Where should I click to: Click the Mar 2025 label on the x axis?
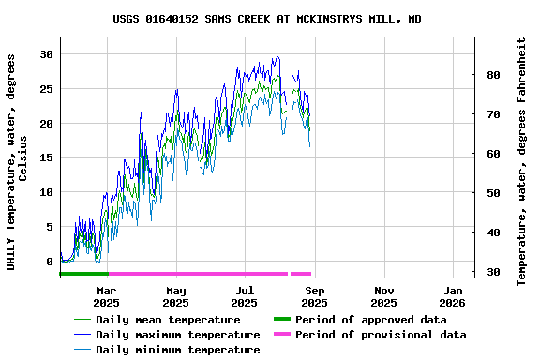[106, 296]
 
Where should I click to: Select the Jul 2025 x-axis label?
[245, 296]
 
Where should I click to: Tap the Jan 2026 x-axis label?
[452, 296]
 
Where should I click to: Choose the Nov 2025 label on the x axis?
[383, 296]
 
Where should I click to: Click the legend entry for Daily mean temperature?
[168, 320]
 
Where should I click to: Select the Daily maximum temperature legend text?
[177, 335]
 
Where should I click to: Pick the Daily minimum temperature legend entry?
[177, 350]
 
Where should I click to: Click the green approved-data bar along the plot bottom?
[83, 274]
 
